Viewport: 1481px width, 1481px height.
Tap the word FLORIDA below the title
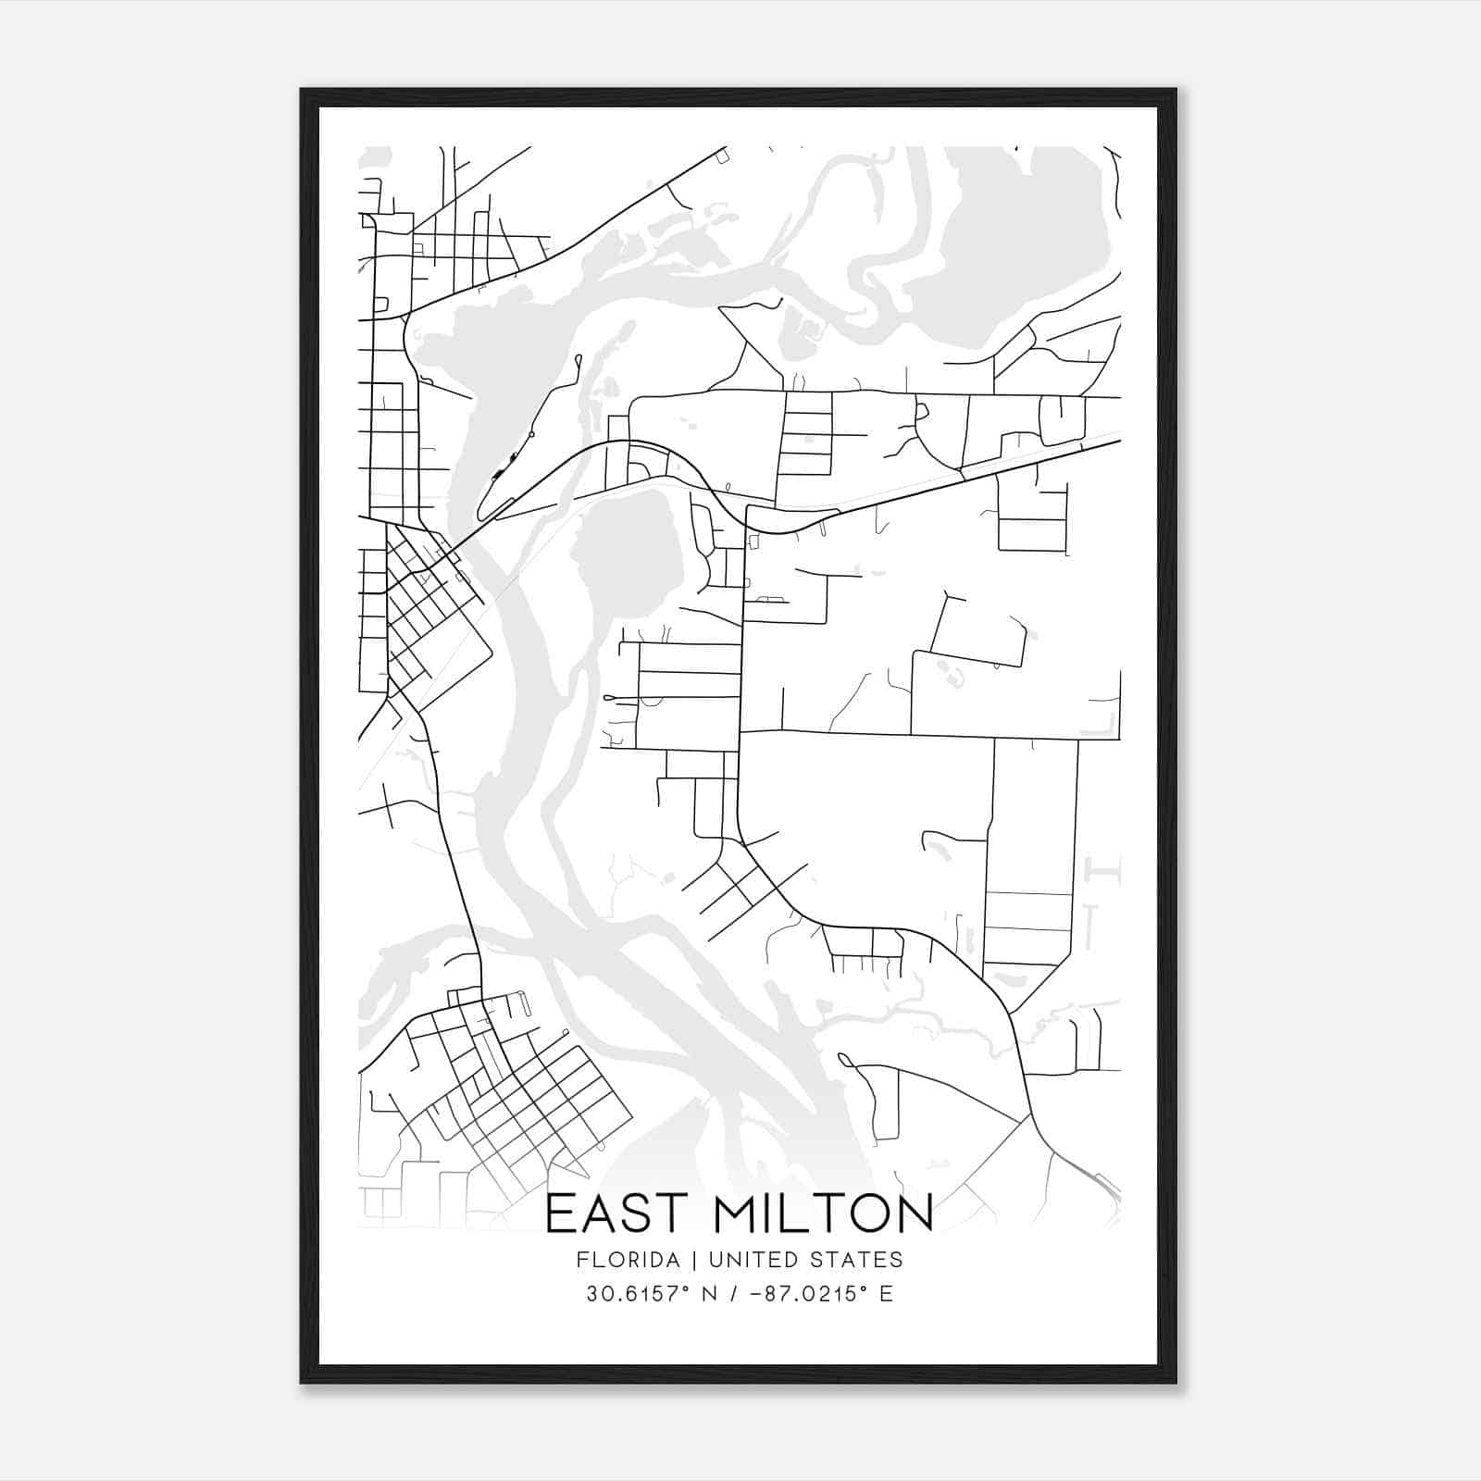(x=628, y=1260)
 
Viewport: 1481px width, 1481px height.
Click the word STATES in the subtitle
(x=860, y=1260)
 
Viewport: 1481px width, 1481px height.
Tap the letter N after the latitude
(x=711, y=1294)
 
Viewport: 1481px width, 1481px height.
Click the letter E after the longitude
(x=887, y=1294)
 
